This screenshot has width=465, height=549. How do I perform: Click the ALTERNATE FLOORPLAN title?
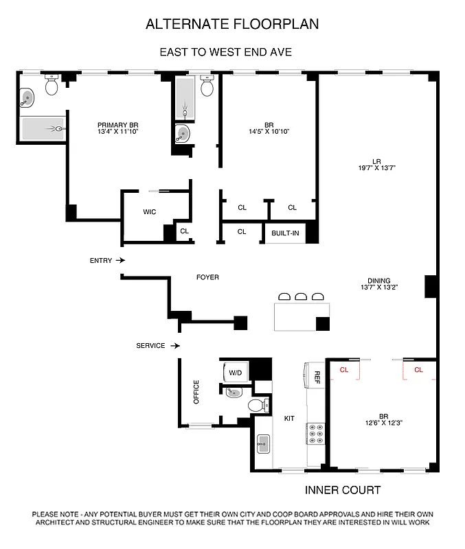coord(232,25)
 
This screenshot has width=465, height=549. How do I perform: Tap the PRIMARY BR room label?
coord(118,128)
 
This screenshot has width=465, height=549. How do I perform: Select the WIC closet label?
coord(149,212)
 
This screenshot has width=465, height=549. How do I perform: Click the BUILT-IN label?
coord(285,233)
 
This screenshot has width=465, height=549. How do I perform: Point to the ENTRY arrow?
coord(120,261)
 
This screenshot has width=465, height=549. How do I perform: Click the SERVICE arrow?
coord(175,346)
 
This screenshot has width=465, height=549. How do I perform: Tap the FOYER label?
coord(207,277)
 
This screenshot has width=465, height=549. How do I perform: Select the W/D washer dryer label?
coord(236,373)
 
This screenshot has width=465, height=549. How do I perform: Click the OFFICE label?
coord(196,392)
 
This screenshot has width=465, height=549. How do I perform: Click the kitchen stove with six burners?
coord(317,434)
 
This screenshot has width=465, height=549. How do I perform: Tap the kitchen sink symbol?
coord(262,445)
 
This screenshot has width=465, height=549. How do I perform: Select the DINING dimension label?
coord(378,284)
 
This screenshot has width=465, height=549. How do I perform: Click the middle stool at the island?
coord(301,296)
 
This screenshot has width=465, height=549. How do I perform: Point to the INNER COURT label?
coord(342,490)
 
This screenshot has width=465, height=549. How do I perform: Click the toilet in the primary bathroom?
coord(52,86)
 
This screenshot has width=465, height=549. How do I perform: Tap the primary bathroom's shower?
coord(43,128)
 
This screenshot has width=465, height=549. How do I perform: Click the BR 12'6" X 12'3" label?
coord(383,419)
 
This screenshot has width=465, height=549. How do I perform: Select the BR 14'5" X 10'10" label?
coord(268,128)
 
